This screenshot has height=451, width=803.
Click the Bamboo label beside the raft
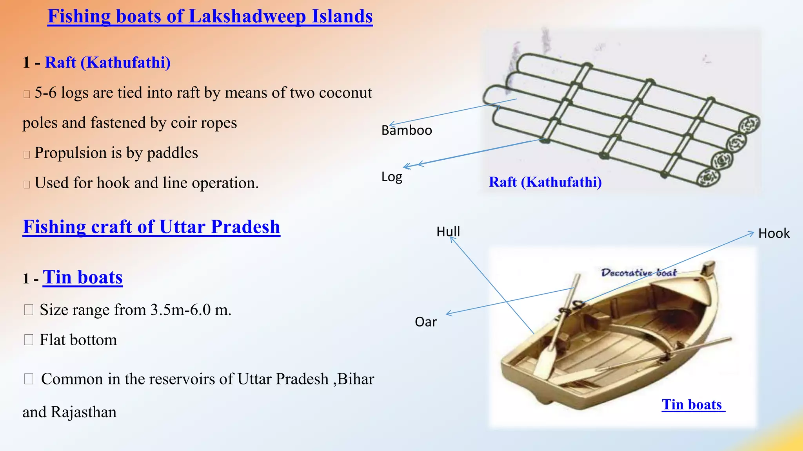(407, 130)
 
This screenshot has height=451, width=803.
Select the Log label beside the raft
(392, 177)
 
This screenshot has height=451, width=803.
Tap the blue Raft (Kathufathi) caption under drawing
(545, 182)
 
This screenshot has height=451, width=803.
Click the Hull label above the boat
(448, 232)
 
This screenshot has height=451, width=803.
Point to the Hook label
(774, 234)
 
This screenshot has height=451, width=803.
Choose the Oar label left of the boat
(425, 322)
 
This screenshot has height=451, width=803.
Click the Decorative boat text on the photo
(639, 272)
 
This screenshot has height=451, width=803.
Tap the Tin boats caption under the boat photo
(693, 404)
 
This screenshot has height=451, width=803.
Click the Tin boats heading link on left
(83, 278)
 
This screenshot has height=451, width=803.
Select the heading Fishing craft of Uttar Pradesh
(151, 227)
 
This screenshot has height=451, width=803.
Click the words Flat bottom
(78, 340)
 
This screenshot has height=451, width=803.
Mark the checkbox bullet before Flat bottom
(29, 340)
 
